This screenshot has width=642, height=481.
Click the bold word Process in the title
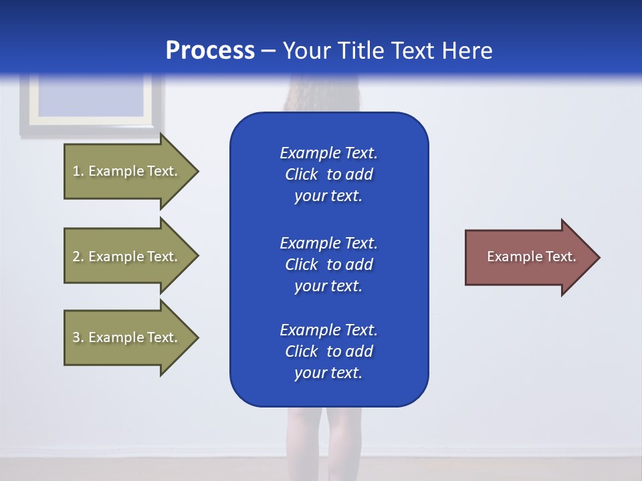[210, 51]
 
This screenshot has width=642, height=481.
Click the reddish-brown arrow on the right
[528, 257]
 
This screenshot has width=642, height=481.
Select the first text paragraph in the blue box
[328, 174]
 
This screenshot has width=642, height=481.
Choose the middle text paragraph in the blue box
[328, 265]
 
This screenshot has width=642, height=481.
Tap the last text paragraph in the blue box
[328, 351]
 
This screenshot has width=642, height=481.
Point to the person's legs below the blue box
[325, 434]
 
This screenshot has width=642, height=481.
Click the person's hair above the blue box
[322, 94]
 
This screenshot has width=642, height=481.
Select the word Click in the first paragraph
[301, 174]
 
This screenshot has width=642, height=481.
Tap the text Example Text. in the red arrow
[531, 257]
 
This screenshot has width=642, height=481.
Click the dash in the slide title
[268, 51]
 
